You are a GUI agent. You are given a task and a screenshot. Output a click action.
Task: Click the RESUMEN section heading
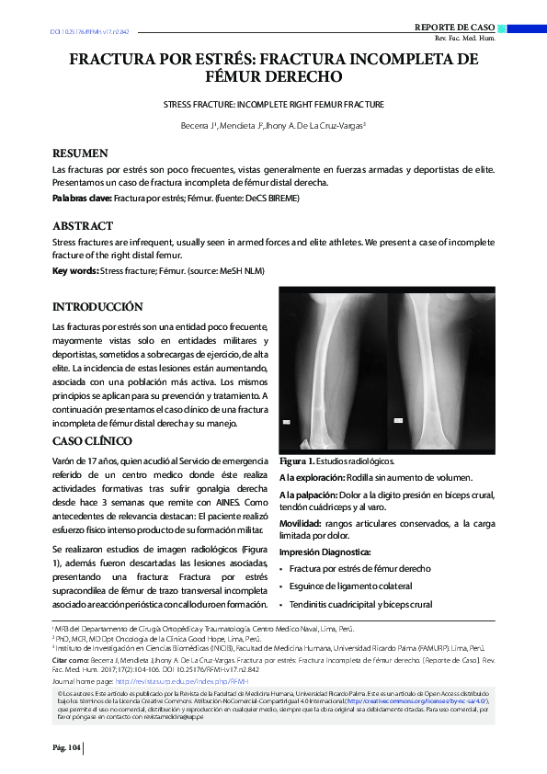[80, 154]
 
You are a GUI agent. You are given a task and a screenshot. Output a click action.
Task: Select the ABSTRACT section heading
[83, 226]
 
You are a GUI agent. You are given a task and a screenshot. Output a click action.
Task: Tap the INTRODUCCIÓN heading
[97, 306]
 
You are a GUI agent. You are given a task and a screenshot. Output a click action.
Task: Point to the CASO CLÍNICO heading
[92, 441]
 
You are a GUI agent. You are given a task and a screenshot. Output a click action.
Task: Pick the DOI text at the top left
[89, 32]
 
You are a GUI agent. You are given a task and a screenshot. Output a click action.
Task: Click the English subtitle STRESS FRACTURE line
[273, 106]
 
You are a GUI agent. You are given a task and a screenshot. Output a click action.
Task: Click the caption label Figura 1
[298, 461]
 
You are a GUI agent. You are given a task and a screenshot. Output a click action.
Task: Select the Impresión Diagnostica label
[325, 552]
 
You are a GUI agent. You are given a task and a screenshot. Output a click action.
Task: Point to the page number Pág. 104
[67, 748]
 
